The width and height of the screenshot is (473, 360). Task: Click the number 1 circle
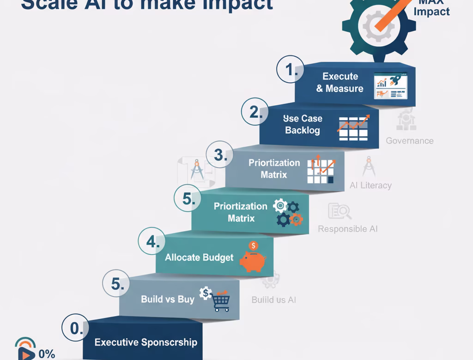point(290,70)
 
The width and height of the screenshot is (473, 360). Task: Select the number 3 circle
point(220,155)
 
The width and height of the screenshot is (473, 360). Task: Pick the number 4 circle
point(152,242)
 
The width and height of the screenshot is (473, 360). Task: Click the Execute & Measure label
point(340,82)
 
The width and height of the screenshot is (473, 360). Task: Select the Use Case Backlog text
point(303,124)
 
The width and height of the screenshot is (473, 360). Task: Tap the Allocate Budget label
point(199,258)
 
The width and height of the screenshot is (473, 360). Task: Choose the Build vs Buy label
point(167,299)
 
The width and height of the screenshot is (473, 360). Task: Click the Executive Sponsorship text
point(146,342)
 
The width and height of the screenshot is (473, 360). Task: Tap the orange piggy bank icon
point(252,259)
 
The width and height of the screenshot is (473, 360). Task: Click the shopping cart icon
point(220,302)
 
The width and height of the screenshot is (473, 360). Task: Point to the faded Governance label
point(409,141)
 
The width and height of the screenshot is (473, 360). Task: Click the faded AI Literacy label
point(370,185)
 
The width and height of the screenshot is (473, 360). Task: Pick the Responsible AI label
point(347,229)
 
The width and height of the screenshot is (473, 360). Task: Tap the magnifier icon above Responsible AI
point(340,211)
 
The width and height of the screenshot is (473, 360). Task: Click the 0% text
point(47,354)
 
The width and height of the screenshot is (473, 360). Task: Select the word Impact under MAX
point(431,11)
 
